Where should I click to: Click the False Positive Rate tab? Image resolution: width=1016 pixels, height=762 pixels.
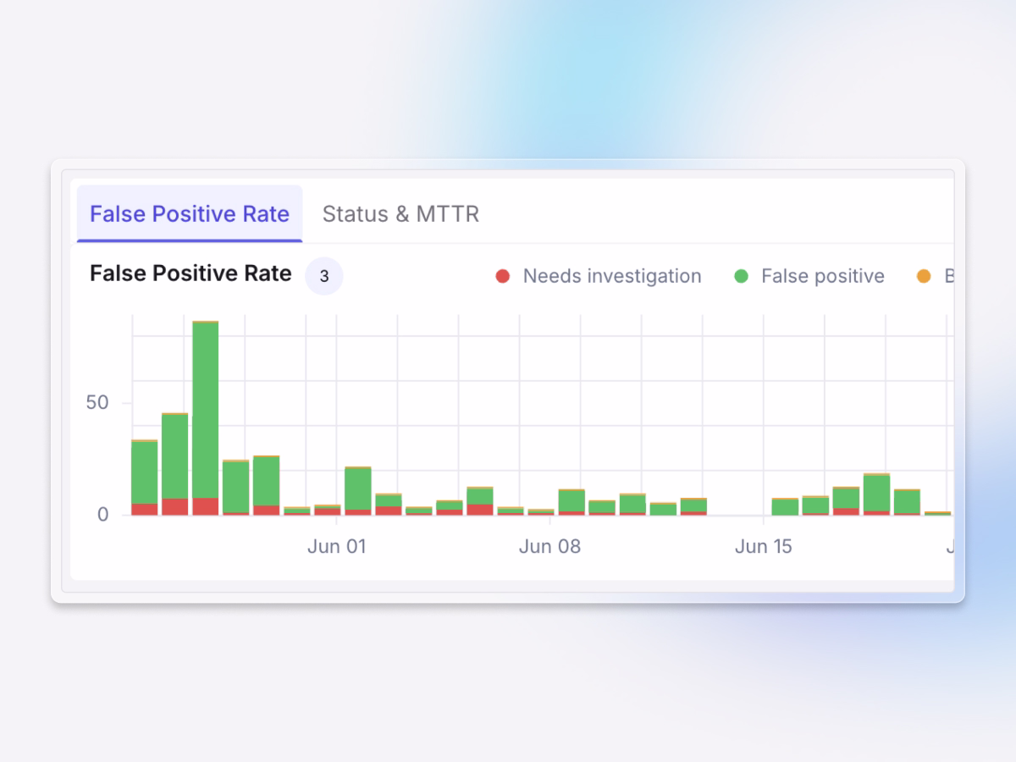pyautogui.click(x=190, y=214)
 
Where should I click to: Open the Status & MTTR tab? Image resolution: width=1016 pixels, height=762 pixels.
pyautogui.click(x=400, y=214)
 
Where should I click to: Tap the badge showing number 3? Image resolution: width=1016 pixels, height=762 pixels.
pyautogui.click(x=324, y=276)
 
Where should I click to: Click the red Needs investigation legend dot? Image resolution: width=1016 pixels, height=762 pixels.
pyautogui.click(x=503, y=276)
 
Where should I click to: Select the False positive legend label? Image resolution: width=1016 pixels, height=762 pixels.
pyautogui.click(x=822, y=276)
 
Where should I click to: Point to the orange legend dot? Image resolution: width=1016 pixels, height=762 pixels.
pyautogui.click(x=924, y=276)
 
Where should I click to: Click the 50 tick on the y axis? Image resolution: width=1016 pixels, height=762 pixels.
pyautogui.click(x=97, y=402)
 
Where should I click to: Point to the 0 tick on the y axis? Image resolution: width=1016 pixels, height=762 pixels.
pyautogui.click(x=102, y=514)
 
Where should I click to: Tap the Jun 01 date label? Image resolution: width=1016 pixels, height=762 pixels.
pyautogui.click(x=336, y=546)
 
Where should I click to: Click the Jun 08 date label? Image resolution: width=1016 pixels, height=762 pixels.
pyautogui.click(x=549, y=546)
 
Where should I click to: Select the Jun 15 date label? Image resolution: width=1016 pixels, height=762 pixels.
pyautogui.click(x=763, y=546)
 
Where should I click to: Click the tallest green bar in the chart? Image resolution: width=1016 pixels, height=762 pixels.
pyautogui.click(x=205, y=406)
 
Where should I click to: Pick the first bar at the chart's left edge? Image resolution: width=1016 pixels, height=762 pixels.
pyautogui.click(x=144, y=474)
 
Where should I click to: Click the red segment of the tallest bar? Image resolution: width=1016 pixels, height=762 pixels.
pyautogui.click(x=205, y=506)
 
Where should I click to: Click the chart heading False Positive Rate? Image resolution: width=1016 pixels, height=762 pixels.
pyautogui.click(x=190, y=273)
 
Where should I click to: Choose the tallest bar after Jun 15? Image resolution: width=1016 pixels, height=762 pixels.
pyautogui.click(x=876, y=493)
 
